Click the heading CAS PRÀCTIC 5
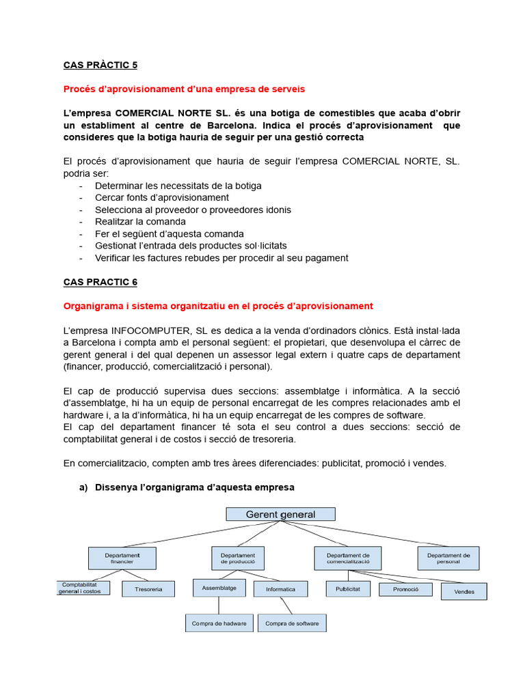tap(100, 65)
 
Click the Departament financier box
tap(122, 558)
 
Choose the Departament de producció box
tap(238, 558)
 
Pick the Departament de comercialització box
tap(348, 558)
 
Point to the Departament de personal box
tap(448, 558)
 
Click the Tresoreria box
tap(148, 589)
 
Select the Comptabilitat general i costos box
tap(80, 588)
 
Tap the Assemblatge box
tap(219, 587)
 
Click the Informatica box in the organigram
tap(280, 589)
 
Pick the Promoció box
tap(405, 588)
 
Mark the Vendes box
tap(463, 592)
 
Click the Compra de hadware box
tap(219, 623)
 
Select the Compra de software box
tap(292, 623)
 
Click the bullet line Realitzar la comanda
tap(140, 221)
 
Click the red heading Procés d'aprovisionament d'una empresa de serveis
tap(184, 89)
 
